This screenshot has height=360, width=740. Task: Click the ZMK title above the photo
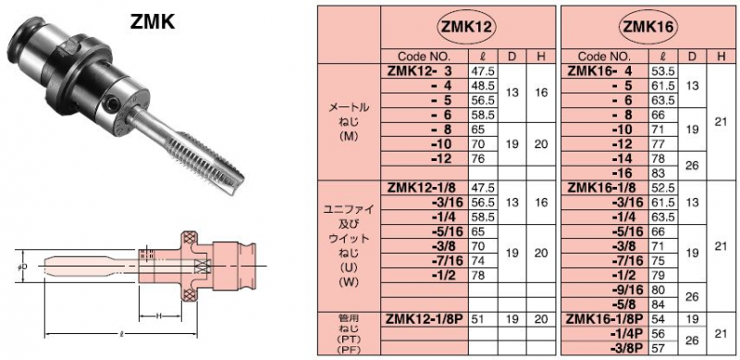click(152, 21)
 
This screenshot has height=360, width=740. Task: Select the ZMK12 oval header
click(467, 27)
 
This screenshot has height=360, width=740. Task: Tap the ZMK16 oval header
click(647, 27)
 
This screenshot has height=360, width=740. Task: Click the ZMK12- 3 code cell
click(420, 71)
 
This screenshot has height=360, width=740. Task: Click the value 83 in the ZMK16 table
click(658, 173)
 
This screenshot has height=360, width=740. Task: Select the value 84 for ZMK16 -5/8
click(658, 304)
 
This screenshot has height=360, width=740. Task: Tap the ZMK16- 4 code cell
click(599, 71)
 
